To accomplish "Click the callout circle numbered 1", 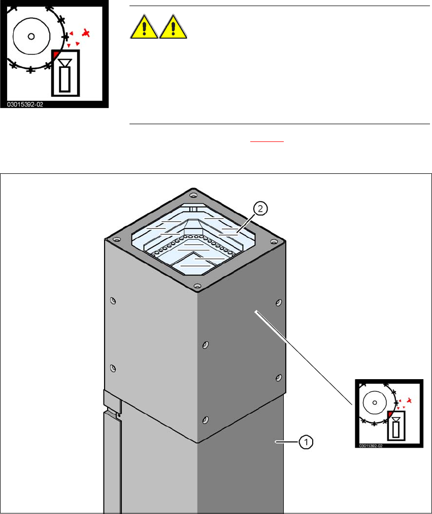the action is pyautogui.click(x=306, y=443).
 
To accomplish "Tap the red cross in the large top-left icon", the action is pyautogui.click(x=87, y=33).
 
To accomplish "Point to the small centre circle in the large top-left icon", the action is pyautogui.click(x=31, y=36).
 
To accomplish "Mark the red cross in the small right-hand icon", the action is pyautogui.click(x=409, y=401).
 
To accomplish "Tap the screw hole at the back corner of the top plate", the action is pyautogui.click(x=193, y=195).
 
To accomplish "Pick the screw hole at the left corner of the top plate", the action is pyautogui.click(x=117, y=239).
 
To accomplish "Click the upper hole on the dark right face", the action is pyautogui.click(x=278, y=303).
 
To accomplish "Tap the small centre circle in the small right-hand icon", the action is pyautogui.click(x=374, y=402).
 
